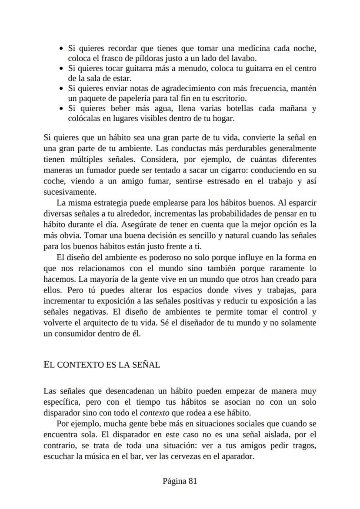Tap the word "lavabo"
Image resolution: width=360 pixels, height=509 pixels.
244,58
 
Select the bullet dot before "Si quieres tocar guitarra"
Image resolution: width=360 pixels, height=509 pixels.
62,69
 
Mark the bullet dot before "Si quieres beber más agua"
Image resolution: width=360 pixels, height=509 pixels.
62,109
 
